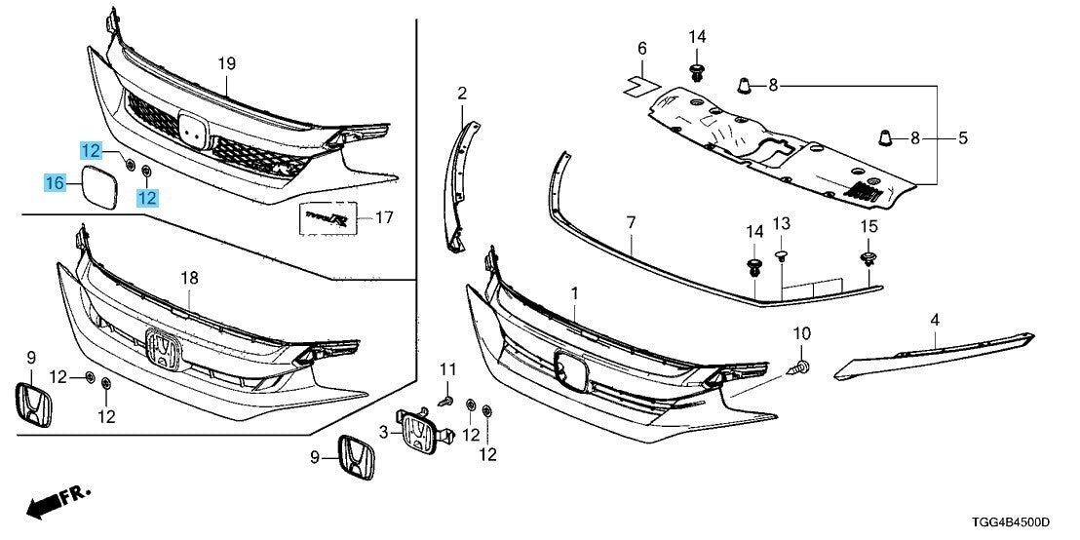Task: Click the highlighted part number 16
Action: pyautogui.click(x=55, y=182)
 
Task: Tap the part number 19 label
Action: pyautogui.click(x=227, y=64)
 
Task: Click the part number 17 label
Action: pyautogui.click(x=383, y=218)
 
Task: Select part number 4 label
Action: pyautogui.click(x=935, y=319)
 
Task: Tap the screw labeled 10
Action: pyautogui.click(x=799, y=368)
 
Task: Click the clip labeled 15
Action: pyautogui.click(x=867, y=258)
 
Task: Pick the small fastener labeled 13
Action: pyautogui.click(x=781, y=255)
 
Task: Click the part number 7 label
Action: pyautogui.click(x=631, y=223)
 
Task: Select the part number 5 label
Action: pyautogui.click(x=962, y=138)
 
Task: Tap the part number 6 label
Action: pyautogui.click(x=641, y=49)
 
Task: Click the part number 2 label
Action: pyautogui.click(x=462, y=94)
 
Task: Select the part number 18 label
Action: pyautogui.click(x=189, y=279)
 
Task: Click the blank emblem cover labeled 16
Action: pyautogui.click(x=98, y=187)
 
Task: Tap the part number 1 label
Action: pyautogui.click(x=574, y=292)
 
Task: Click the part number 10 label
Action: pyautogui.click(x=801, y=334)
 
